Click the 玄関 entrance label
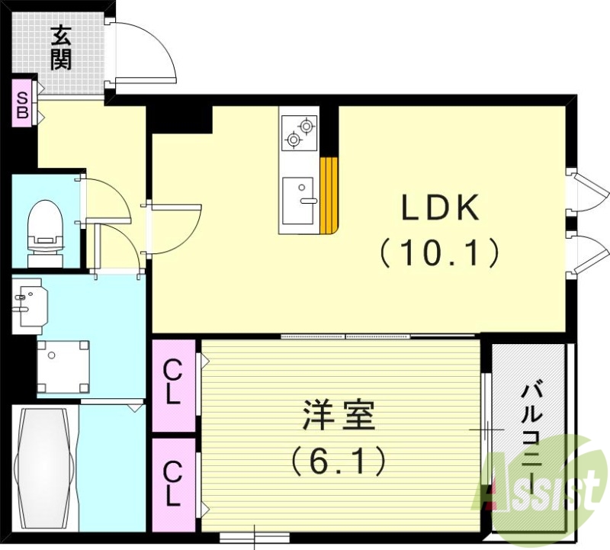coord(61,47)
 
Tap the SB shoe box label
coord(23,105)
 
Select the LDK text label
coord(440,207)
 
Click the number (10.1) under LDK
coord(440,252)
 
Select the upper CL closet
coord(174,384)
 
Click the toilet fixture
coord(44,229)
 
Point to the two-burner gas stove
coord(299,131)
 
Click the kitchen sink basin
coord(297,201)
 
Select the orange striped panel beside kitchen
coord(329,195)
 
